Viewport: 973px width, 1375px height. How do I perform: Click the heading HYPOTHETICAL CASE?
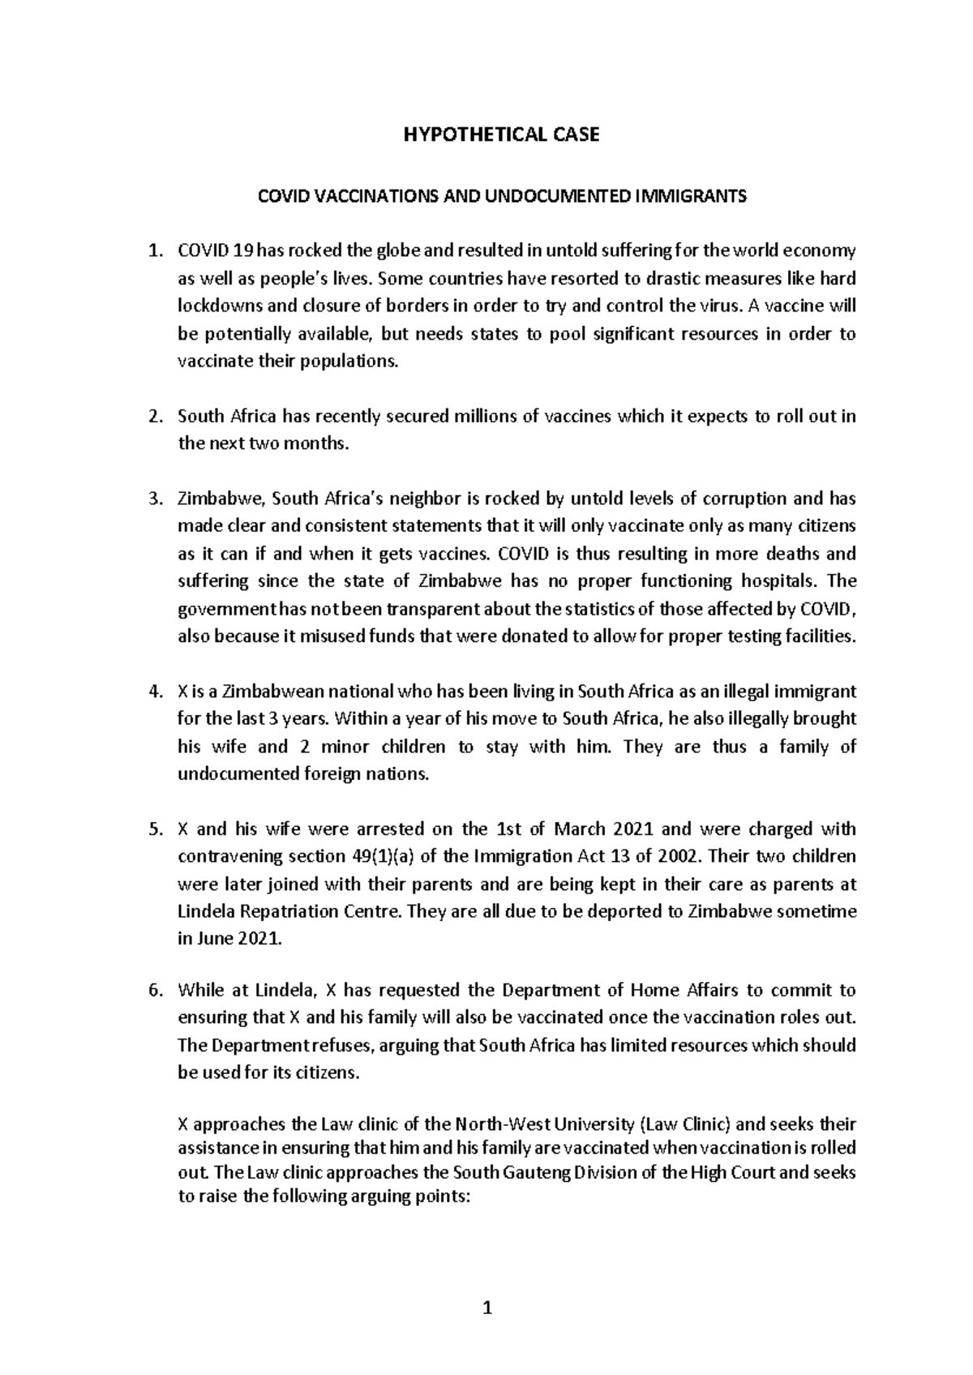(x=502, y=135)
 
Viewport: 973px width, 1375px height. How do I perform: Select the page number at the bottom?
(x=487, y=1308)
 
